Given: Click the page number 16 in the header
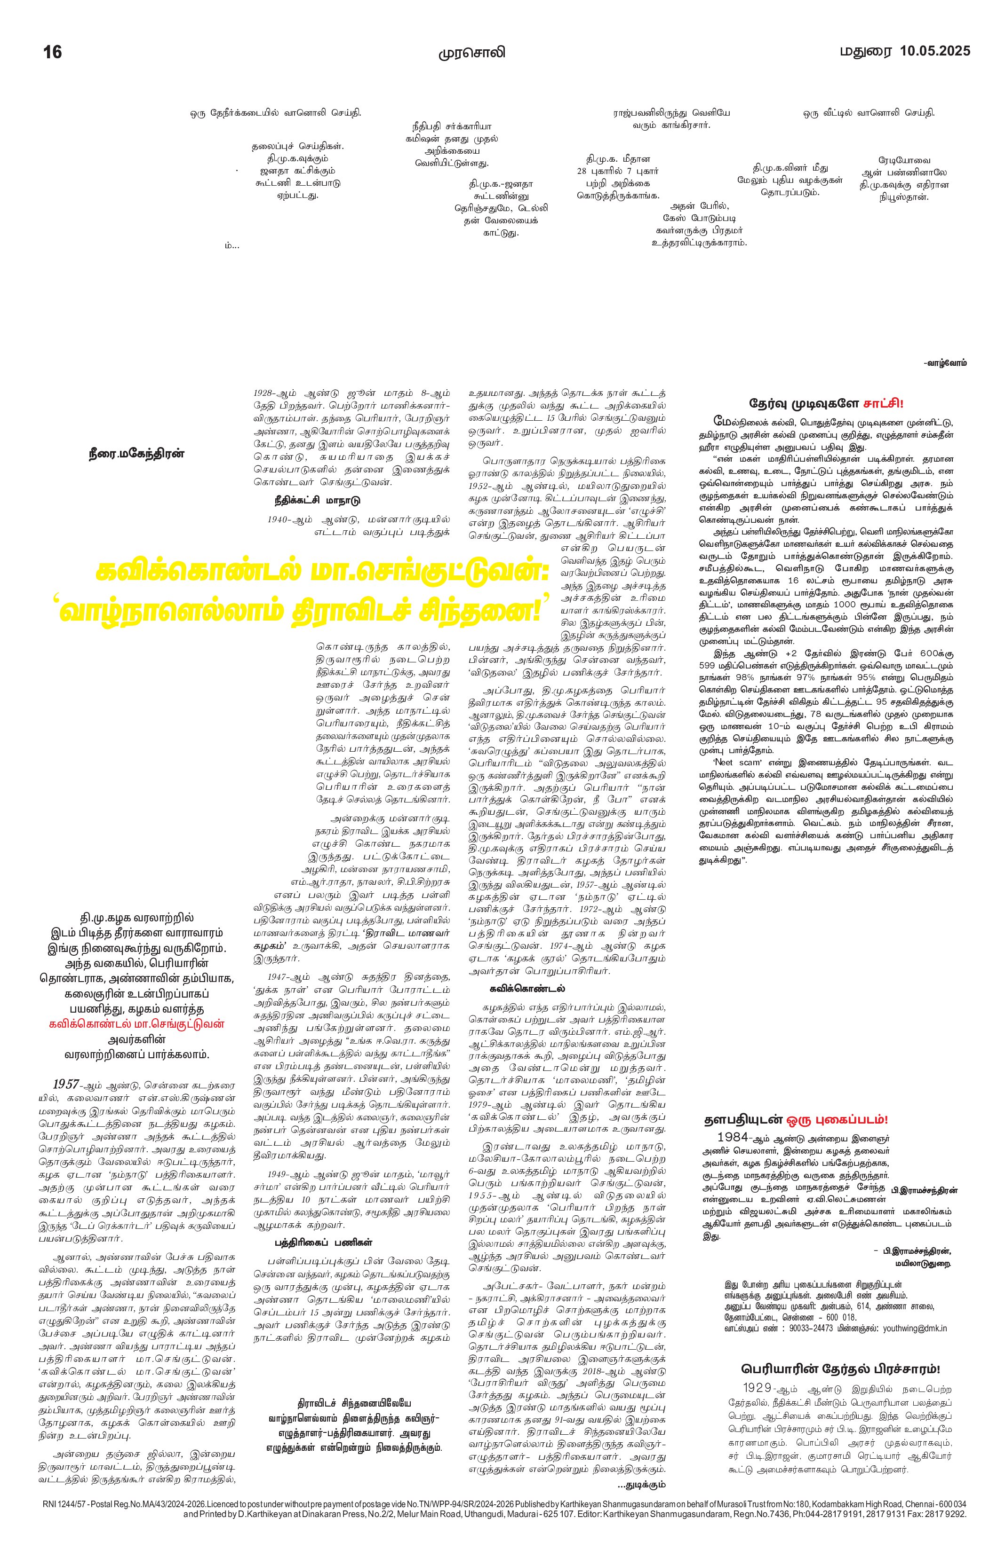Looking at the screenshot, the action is coord(52,52).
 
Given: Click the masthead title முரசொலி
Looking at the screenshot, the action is coord(471,53).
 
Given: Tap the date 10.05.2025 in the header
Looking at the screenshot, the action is coord(934,51).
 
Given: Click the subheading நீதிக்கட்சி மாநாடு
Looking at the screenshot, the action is coord(317,501).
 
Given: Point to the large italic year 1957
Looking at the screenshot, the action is coord(66,1084).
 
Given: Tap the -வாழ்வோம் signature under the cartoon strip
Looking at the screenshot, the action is coord(945,362).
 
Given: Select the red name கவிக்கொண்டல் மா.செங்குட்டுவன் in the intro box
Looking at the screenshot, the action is coord(137,1024).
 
